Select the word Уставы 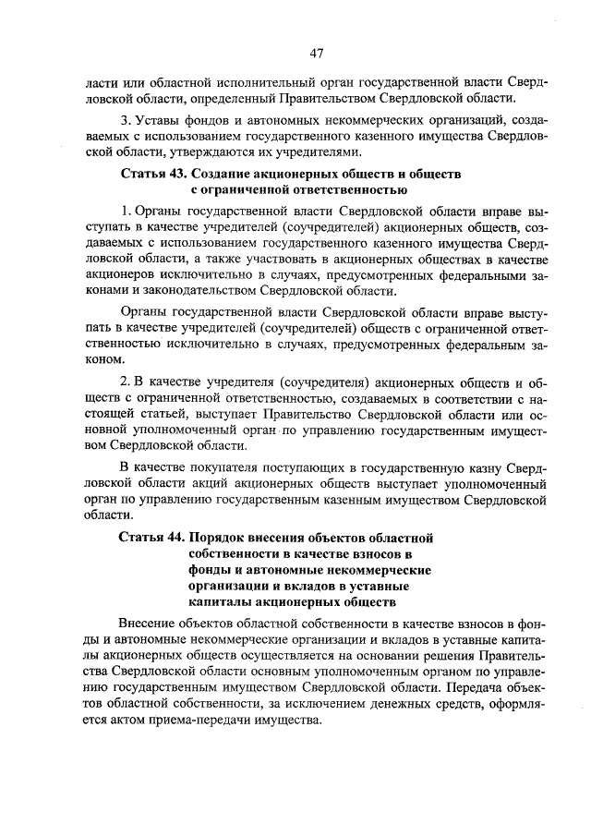(x=159, y=120)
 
